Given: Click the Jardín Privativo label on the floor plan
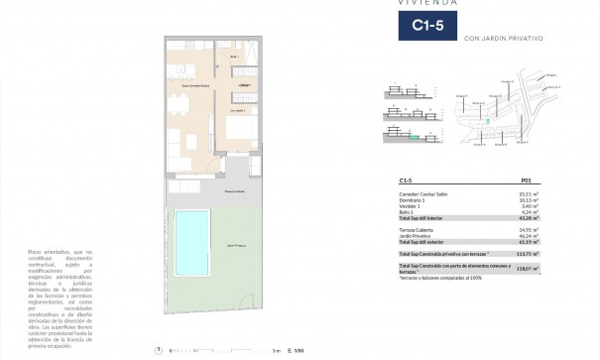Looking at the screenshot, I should tap(234, 244).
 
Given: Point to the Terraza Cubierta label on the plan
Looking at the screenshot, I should tap(234, 190).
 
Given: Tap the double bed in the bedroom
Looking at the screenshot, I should tap(241, 135).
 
